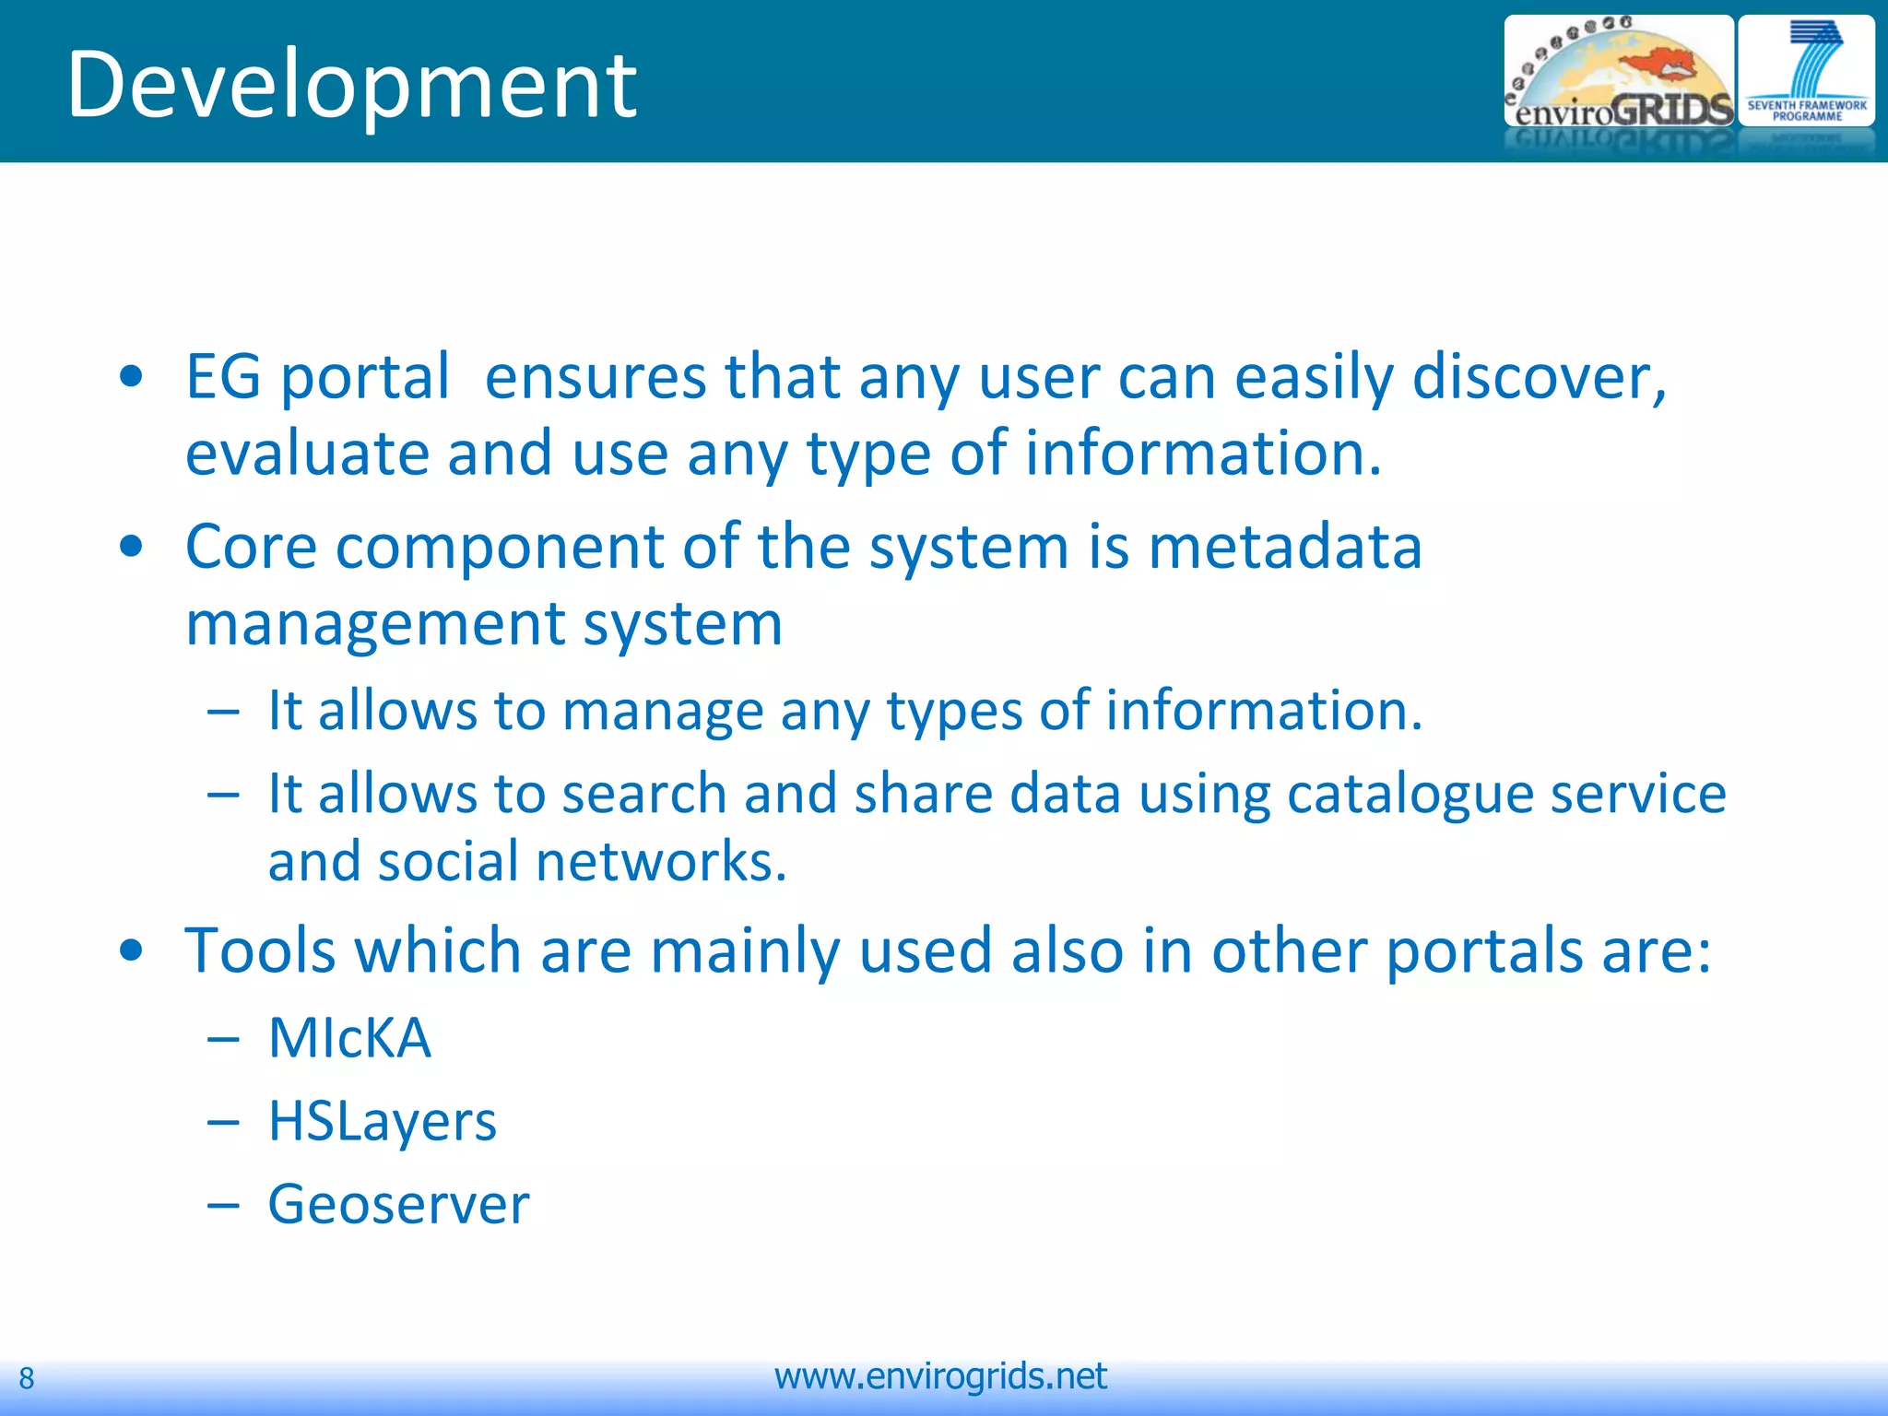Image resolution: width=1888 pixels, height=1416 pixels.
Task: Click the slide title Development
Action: (351, 85)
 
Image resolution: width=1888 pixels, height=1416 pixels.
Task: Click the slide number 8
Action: (27, 1378)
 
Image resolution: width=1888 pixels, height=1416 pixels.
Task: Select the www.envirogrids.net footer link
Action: (940, 1376)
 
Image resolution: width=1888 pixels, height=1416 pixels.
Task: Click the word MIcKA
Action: (349, 1038)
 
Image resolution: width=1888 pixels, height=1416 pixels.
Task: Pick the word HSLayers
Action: (382, 1122)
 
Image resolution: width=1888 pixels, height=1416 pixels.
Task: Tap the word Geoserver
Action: (398, 1204)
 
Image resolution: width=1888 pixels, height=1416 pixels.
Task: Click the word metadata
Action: (1285, 547)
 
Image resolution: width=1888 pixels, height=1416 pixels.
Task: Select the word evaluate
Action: (307, 454)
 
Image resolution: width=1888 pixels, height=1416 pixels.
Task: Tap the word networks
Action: (660, 862)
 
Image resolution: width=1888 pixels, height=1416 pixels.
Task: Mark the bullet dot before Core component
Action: (132, 546)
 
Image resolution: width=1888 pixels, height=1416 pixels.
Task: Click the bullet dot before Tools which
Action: (132, 950)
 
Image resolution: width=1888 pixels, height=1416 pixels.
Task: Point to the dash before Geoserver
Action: (223, 1205)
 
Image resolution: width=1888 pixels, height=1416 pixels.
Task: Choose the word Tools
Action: (261, 950)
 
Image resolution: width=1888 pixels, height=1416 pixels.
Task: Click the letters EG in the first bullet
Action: (223, 377)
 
